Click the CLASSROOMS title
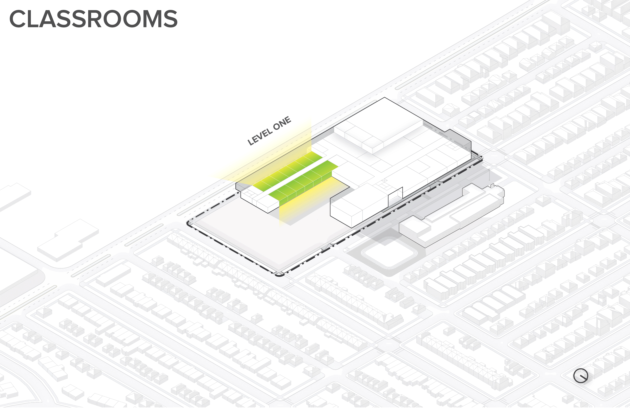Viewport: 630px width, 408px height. click(x=93, y=19)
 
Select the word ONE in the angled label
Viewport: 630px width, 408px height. click(x=282, y=123)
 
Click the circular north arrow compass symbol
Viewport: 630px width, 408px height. click(x=581, y=376)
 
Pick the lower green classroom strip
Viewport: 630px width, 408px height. click(x=304, y=180)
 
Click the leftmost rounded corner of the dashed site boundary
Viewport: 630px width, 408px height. click(x=189, y=223)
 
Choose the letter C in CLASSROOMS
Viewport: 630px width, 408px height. click(x=18, y=19)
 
